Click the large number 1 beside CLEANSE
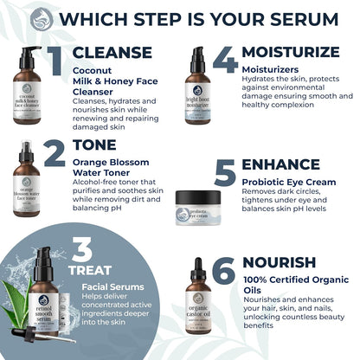53,62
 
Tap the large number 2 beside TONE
54,153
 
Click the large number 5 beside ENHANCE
225,173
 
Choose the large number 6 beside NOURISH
224,272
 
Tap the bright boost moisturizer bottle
199,87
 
